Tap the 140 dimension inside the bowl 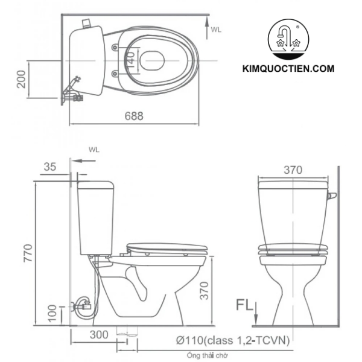(x=131, y=59)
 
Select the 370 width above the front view (x=293, y=170)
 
